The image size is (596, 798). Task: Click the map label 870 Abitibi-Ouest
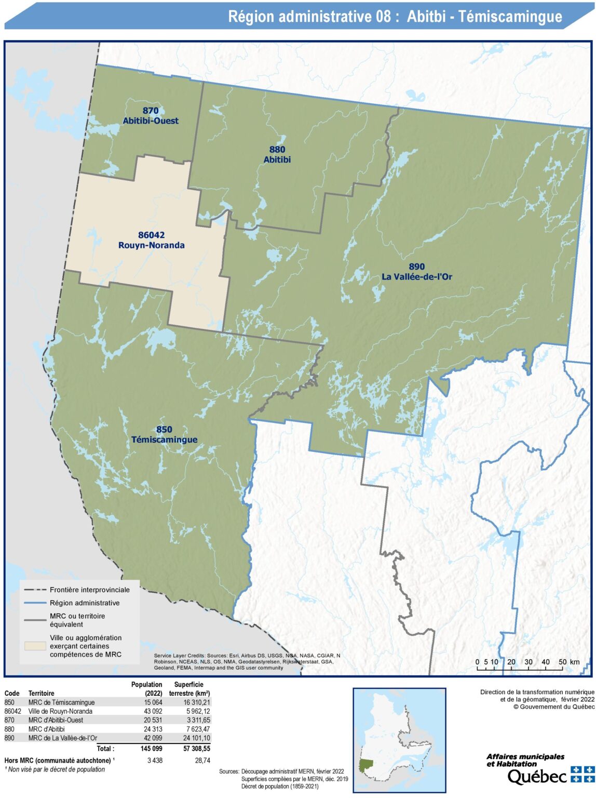pos(151,116)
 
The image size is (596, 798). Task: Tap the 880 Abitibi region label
pos(277,155)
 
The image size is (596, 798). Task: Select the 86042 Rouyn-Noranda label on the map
pos(152,241)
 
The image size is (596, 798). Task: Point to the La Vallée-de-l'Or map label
pos(417,276)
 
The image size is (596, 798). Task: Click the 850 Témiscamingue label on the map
pos(164,435)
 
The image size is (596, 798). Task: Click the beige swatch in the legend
pos(35,646)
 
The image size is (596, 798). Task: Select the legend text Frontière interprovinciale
pos(90,590)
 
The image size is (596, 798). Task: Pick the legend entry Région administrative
pos(85,603)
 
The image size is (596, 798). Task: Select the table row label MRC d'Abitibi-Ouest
pos(56,720)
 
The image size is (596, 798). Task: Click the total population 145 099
pos(151,749)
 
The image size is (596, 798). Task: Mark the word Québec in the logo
pos(537,777)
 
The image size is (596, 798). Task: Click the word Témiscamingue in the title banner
pos(510,17)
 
